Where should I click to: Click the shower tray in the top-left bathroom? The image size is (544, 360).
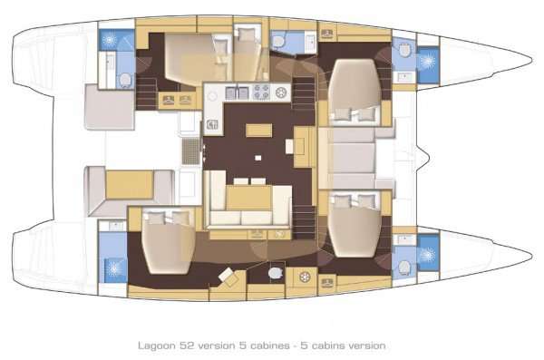tap(112, 41)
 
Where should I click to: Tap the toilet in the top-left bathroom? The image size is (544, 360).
tap(122, 80)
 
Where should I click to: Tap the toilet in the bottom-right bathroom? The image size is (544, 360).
tap(404, 265)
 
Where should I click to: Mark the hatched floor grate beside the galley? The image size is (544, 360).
tap(190, 151)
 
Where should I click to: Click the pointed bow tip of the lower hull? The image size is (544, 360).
tap(530, 249)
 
